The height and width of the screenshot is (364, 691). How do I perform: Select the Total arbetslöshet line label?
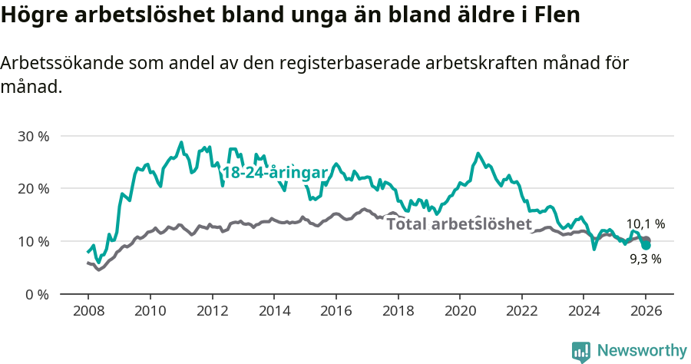458,224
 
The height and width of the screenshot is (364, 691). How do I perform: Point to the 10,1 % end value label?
645,224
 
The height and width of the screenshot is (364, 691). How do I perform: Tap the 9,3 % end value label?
645,259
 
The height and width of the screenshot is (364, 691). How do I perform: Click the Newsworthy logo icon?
581,351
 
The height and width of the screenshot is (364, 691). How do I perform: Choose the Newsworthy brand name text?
641,350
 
